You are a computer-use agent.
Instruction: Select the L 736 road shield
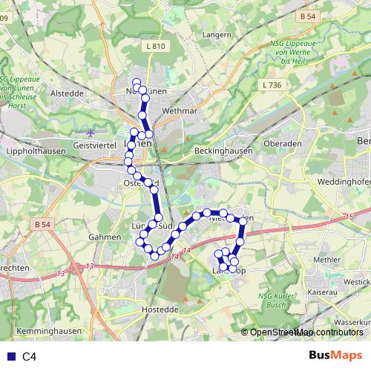pos(272,85)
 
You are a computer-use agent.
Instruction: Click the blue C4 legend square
pos(9,357)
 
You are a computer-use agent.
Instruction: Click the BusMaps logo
pos(335,356)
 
